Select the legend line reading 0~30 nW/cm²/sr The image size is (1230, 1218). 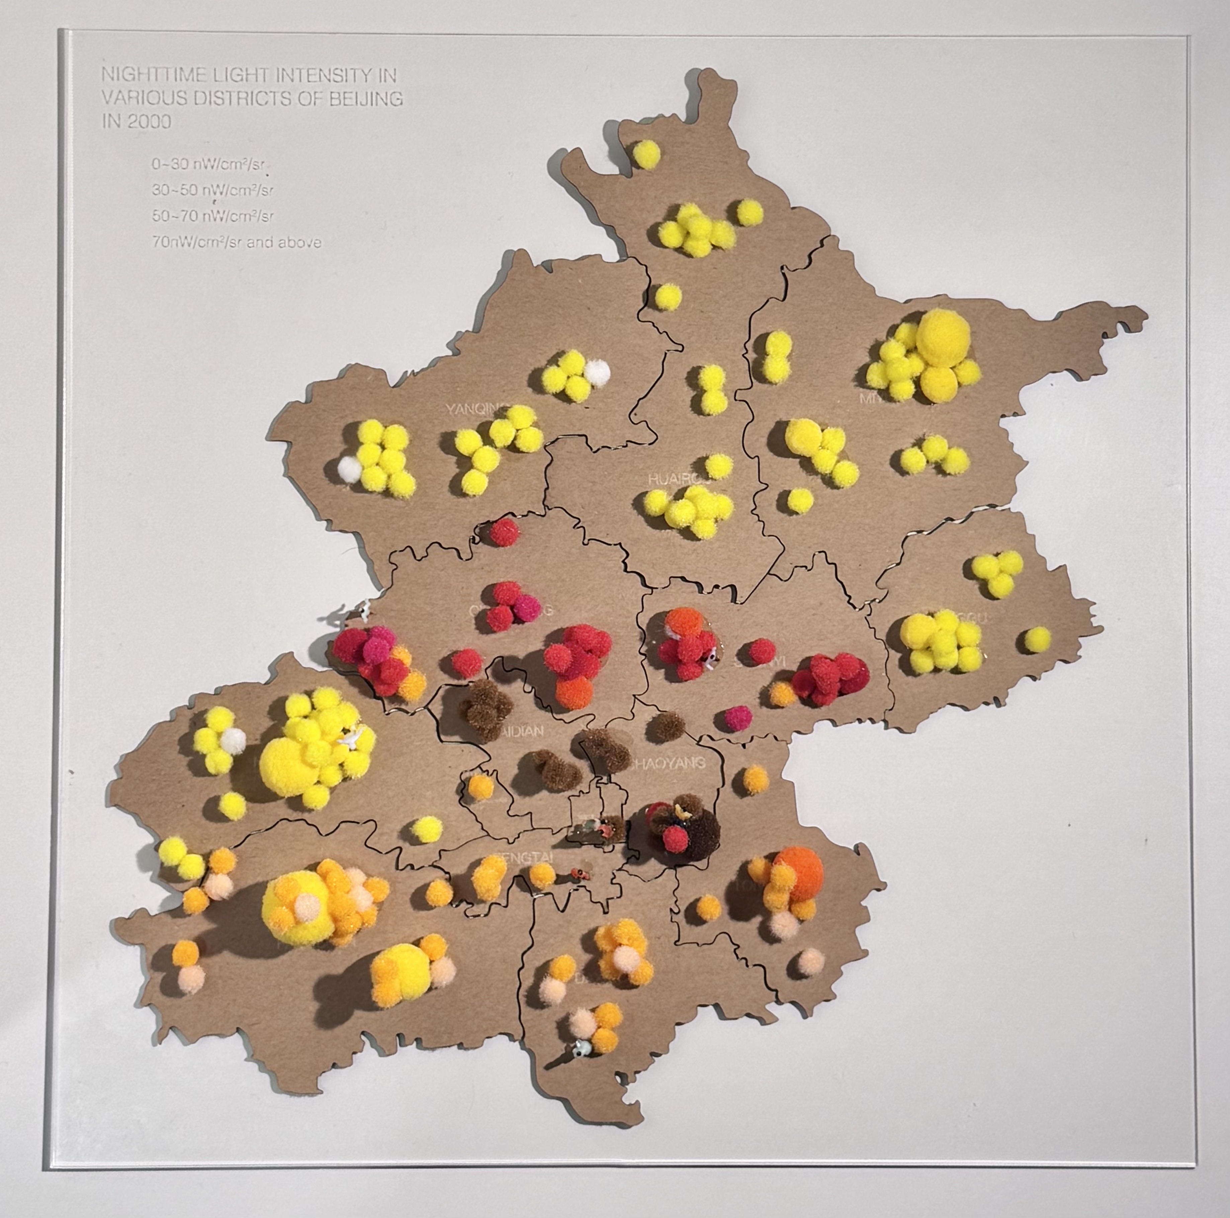208,164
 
